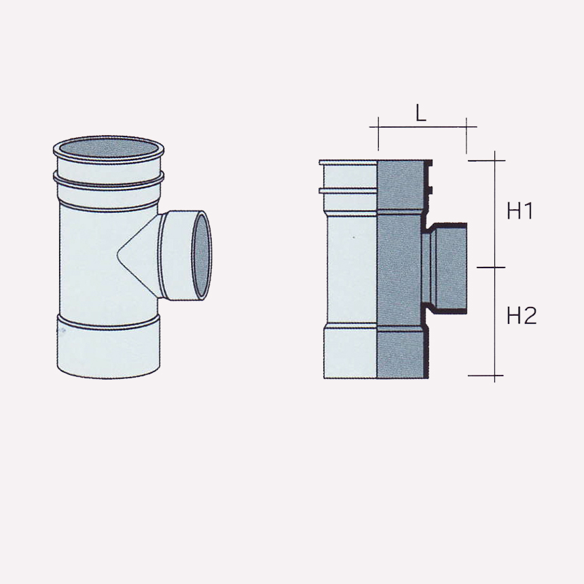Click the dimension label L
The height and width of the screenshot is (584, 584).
coord(421,113)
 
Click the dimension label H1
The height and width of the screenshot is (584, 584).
coord(520,211)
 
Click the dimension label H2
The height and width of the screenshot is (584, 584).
coord(522,316)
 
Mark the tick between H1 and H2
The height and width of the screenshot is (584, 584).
coord(494,268)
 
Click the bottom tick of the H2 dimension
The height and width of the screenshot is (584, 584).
coord(494,375)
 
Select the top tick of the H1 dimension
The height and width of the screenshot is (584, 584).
coord(494,161)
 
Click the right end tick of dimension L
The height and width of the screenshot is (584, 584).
coord(467,126)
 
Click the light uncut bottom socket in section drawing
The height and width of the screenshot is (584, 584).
coord(350,353)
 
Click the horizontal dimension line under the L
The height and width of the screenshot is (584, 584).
coord(421,126)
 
